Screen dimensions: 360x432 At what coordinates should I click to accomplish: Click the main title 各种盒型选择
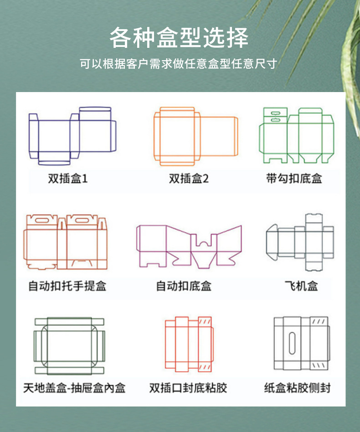pos(179,38)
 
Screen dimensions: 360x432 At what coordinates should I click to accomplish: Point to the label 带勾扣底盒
pos(294,178)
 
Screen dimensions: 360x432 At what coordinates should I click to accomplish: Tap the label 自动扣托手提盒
pos(67,286)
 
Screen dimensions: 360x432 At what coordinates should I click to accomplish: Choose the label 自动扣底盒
pos(184,286)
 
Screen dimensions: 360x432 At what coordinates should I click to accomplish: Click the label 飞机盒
pos(301,286)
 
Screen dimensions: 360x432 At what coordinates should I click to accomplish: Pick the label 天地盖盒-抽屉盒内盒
pos(74,388)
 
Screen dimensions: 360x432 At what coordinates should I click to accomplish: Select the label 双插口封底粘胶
pos(188,388)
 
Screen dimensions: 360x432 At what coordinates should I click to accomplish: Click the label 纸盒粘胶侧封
pos(297,388)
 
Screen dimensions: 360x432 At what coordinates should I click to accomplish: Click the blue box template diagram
pos(73,135)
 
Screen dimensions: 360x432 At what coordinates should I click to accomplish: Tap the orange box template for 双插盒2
pos(195,136)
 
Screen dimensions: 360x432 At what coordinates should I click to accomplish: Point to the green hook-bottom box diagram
pos(296,135)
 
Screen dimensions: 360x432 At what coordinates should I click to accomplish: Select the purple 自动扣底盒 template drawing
pos(189,245)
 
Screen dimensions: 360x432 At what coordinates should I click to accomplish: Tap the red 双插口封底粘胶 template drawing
pos(188,344)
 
